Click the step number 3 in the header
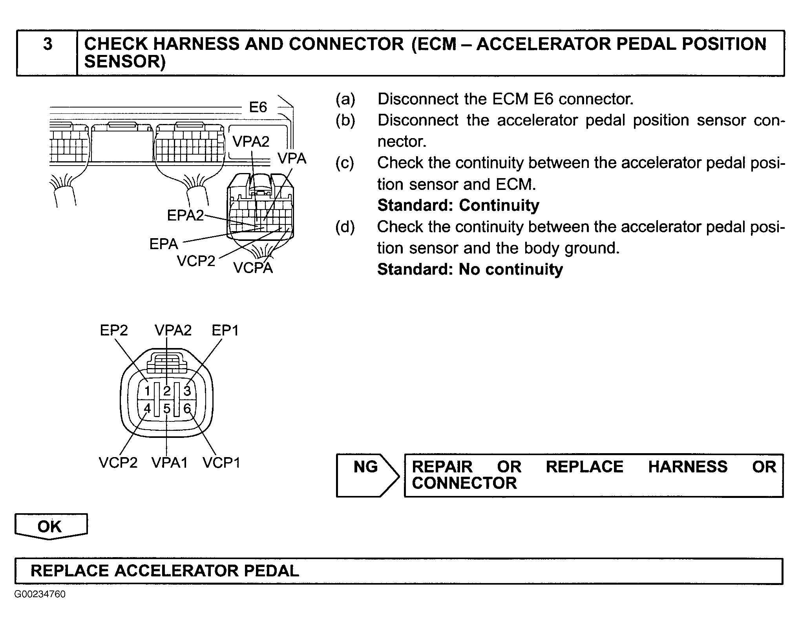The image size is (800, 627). [x=47, y=44]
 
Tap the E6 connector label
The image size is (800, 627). [x=258, y=107]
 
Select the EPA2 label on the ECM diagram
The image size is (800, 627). [x=185, y=215]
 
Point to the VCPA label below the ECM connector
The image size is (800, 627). [x=253, y=268]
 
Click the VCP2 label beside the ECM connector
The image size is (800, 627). [x=196, y=261]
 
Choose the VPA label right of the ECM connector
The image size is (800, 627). [x=292, y=159]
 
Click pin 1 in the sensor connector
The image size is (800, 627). [x=147, y=391]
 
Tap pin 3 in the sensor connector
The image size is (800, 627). [x=187, y=391]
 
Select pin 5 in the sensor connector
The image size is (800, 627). [x=167, y=409]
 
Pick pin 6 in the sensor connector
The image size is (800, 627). [x=187, y=409]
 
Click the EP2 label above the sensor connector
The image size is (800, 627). [x=114, y=330]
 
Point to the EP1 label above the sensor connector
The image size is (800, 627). [x=225, y=330]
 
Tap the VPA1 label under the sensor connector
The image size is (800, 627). [x=170, y=463]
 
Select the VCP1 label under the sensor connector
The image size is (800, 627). [x=221, y=463]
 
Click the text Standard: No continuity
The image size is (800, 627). [x=470, y=270]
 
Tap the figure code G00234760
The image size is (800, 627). [x=40, y=594]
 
